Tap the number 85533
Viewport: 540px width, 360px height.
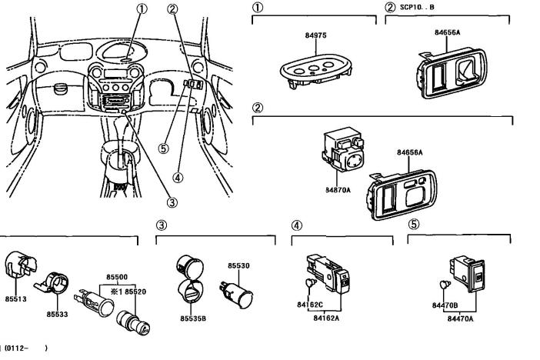coord(57,314)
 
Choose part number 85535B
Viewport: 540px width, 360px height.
coord(192,317)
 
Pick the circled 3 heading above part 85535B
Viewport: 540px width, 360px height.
coord(162,225)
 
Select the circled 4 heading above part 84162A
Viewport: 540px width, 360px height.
coord(296,225)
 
